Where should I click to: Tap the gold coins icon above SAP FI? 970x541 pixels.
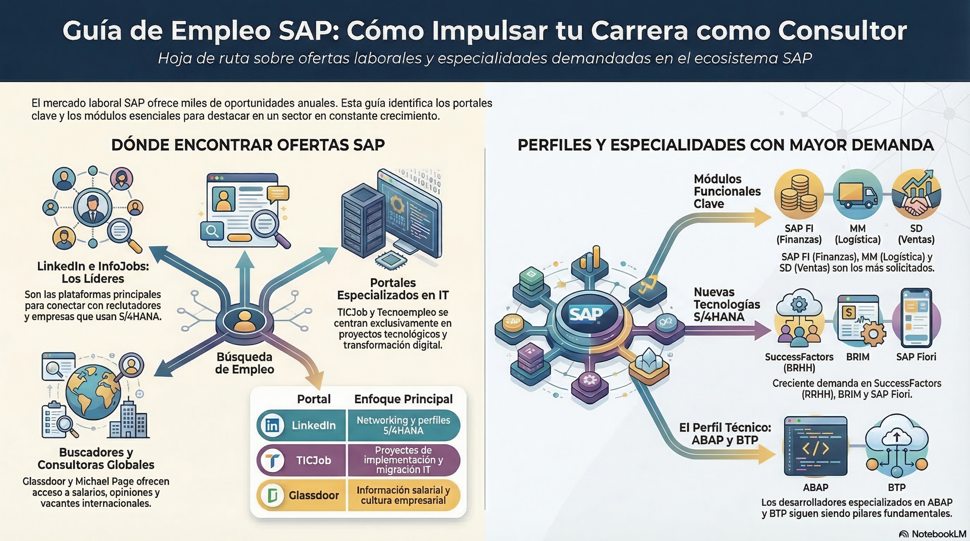coord(799,194)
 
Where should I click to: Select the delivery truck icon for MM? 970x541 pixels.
coord(857,194)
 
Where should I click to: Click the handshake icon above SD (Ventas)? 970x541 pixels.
coord(916,194)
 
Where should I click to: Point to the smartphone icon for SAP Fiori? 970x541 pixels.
coord(916,318)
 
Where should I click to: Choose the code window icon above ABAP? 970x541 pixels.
coord(815,446)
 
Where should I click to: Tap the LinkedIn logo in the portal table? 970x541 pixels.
coord(272,425)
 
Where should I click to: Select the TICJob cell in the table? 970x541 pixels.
coord(302,460)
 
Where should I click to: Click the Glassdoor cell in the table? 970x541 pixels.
coord(302,495)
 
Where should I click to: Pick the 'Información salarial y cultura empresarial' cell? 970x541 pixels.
coord(404,495)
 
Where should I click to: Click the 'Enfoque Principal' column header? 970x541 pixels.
coord(404,399)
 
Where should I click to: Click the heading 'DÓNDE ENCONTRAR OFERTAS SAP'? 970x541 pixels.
coord(248,145)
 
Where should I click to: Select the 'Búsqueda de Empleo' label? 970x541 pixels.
coord(245,363)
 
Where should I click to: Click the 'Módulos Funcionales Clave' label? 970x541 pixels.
coord(727,191)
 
